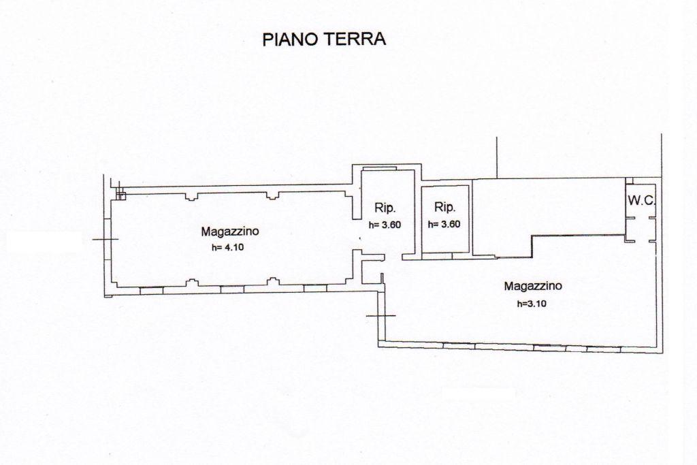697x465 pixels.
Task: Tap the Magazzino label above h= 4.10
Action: pos(229,231)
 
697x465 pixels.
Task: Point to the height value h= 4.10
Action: pos(227,248)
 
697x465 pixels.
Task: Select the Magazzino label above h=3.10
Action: pos(532,287)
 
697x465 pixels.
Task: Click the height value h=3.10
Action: pos(532,304)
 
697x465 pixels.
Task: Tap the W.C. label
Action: pos(643,200)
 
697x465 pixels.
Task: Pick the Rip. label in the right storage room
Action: pos(444,208)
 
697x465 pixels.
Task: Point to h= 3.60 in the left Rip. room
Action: pos(385,224)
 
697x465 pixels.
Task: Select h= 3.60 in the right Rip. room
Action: pos(444,224)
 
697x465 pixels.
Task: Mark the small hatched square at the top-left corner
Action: pos(120,196)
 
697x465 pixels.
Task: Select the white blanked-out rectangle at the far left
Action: pos(44,242)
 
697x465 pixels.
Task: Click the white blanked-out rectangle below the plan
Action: pos(478,394)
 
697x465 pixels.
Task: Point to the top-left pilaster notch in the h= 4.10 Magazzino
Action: pos(191,197)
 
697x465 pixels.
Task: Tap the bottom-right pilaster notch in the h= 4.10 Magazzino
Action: pos(274,280)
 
